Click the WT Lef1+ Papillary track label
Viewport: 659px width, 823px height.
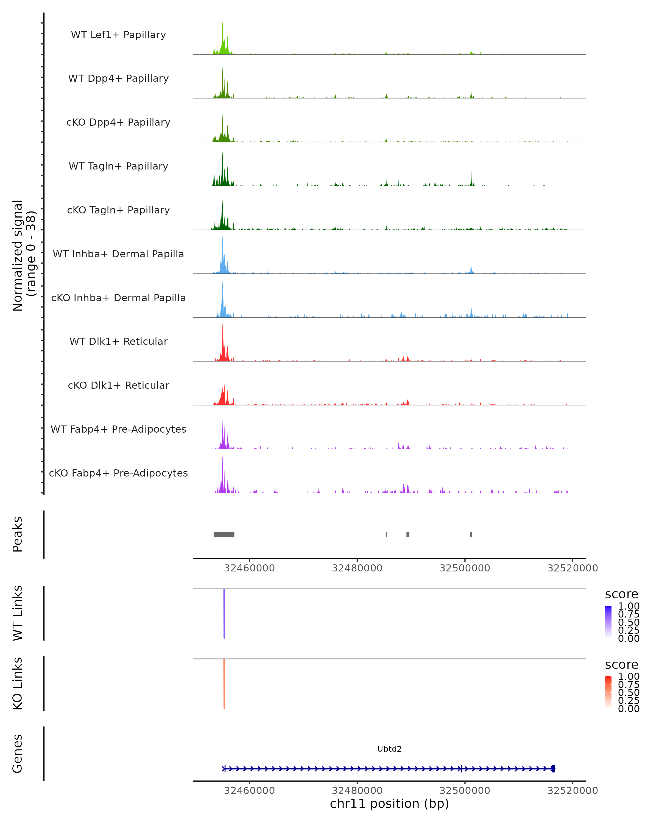tap(118, 35)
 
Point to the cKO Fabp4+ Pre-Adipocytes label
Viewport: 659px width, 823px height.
tap(118, 473)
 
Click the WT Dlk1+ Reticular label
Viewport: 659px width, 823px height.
tap(118, 341)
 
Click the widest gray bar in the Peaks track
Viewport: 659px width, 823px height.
tap(224, 534)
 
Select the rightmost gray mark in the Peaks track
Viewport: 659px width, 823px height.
tap(471, 534)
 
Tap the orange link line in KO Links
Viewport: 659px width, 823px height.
tap(224, 684)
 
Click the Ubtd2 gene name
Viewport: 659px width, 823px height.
tap(389, 749)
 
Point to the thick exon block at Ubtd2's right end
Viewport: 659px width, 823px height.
tap(553, 769)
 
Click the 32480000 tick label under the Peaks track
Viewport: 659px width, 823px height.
tap(357, 568)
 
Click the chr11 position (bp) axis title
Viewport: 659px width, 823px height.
tap(389, 804)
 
